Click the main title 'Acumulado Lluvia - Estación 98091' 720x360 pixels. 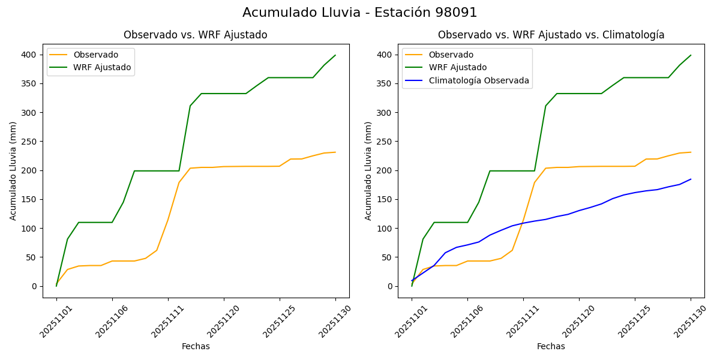360,13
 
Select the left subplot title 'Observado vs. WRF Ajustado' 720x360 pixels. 196,35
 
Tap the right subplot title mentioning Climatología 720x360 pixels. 551,35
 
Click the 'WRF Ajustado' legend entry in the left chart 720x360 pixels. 102,67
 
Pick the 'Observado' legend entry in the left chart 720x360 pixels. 95,55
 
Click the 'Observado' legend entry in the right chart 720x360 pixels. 451,55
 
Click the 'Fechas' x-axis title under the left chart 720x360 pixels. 196,346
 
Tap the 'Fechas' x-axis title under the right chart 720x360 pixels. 551,346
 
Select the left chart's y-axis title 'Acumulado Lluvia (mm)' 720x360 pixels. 13,170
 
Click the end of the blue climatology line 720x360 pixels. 691,179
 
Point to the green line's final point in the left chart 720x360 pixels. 335,55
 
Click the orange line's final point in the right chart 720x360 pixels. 691,152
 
